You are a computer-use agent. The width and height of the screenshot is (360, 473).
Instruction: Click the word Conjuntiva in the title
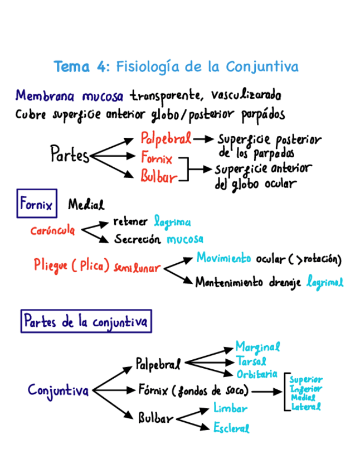coord(262,67)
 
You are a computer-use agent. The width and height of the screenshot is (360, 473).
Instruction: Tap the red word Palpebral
coord(166,137)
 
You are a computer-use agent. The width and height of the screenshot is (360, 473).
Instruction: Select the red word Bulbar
coord(158,177)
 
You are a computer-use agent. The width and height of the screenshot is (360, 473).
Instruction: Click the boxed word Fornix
coord(37,205)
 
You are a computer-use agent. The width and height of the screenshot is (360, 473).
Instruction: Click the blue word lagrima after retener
coord(172,221)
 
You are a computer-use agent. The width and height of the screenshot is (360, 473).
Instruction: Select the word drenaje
coord(284,282)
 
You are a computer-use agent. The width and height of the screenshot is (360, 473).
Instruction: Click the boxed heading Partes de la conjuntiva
coord(86,322)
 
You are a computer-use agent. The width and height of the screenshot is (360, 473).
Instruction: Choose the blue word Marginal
coord(257,347)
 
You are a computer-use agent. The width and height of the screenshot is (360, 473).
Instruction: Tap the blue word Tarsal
coord(251,361)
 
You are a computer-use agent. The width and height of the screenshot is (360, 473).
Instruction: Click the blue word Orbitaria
coord(257,374)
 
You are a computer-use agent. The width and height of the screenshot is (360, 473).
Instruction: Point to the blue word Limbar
coord(230,409)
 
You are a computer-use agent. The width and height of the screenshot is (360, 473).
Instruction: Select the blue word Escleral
coord(231,428)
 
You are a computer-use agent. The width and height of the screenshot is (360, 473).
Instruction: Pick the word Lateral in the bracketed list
coord(306,407)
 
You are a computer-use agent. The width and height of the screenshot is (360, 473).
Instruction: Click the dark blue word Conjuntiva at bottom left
coord(58,390)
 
